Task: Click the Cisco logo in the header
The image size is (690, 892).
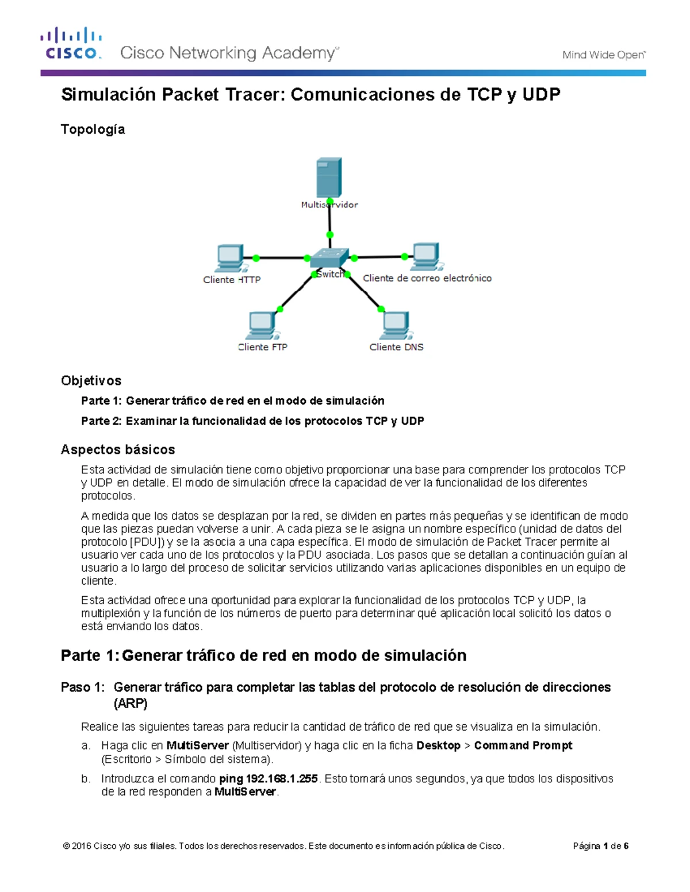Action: pos(71,43)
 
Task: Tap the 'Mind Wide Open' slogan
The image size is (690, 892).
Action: pos(603,55)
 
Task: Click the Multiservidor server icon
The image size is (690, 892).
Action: pos(329,177)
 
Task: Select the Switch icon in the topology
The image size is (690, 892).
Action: pos(329,258)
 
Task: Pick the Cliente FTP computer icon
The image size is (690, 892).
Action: pos(262,326)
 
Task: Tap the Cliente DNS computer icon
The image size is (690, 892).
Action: pos(396,326)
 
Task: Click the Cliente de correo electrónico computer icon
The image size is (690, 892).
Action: pos(426,257)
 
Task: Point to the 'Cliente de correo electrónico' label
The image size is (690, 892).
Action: pos(427,278)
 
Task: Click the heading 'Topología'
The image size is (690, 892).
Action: pos(93,129)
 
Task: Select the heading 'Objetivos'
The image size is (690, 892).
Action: pos(91,381)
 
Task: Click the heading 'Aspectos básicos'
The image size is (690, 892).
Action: pos(117,449)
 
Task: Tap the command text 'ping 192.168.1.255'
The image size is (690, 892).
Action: pos(269,779)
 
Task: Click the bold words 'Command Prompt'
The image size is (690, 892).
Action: pos(523,746)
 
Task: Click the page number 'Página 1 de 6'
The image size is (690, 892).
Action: pos(600,846)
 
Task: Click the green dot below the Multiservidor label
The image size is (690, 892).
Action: pos(329,235)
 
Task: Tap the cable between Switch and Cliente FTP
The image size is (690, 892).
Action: pos(294,293)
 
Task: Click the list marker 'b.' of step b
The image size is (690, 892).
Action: pos(86,779)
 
